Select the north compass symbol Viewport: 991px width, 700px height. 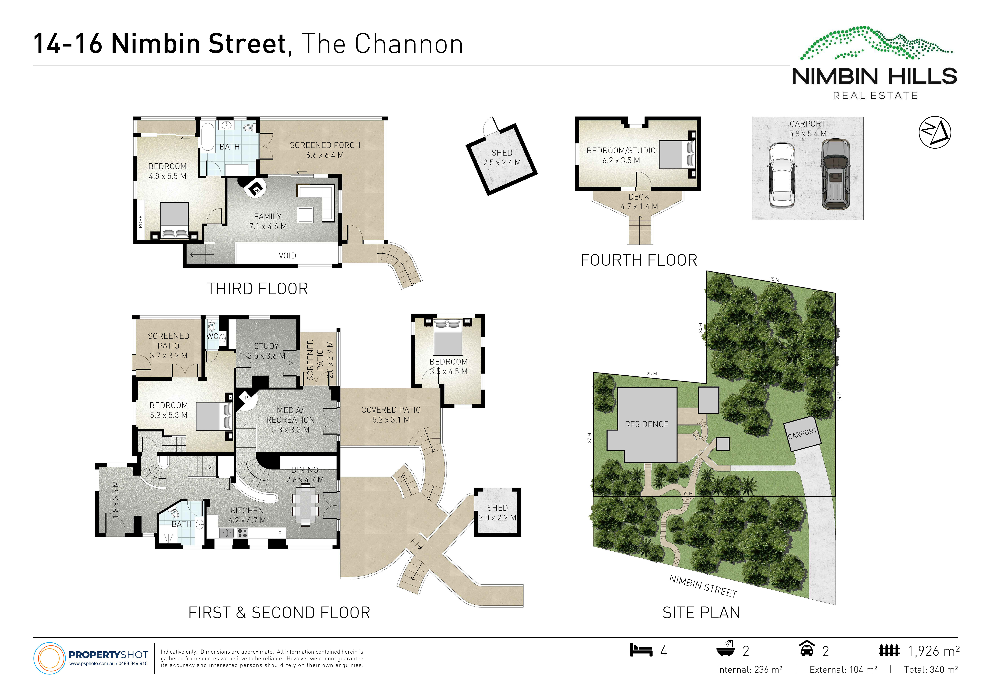[935, 132]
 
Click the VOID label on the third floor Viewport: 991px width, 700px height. [287, 255]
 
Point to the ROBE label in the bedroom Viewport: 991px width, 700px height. [140, 222]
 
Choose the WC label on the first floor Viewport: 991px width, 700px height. [212, 336]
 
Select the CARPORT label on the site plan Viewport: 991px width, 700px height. [802, 433]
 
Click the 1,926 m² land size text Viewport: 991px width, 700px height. [934, 651]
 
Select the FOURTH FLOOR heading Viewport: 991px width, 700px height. [639, 260]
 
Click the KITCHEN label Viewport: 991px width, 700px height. [247, 511]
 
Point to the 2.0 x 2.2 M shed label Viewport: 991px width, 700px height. [497, 517]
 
